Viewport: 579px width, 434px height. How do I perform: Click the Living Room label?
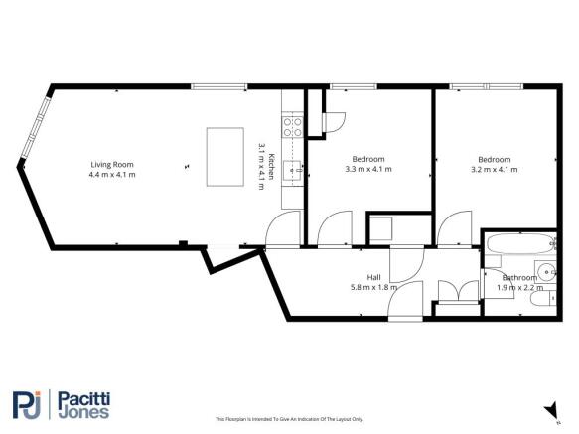pyautogui.click(x=111, y=164)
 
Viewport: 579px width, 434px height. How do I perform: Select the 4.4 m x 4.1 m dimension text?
pyautogui.click(x=111, y=175)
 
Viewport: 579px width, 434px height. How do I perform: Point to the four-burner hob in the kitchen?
pyautogui.click(x=293, y=125)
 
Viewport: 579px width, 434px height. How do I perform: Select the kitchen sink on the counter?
pyautogui.click(x=292, y=169)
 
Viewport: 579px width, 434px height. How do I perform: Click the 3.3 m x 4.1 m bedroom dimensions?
pyautogui.click(x=368, y=170)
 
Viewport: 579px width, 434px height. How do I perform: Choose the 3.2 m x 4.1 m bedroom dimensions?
pyautogui.click(x=494, y=170)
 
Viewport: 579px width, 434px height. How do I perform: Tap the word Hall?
pyautogui.click(x=372, y=277)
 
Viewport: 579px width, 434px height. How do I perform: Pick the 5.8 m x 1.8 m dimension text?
pyautogui.click(x=372, y=288)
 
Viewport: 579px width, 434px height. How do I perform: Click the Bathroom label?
pyautogui.click(x=518, y=277)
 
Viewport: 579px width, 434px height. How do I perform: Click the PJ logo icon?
pyautogui.click(x=26, y=405)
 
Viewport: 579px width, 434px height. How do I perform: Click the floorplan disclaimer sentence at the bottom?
pyautogui.click(x=289, y=418)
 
